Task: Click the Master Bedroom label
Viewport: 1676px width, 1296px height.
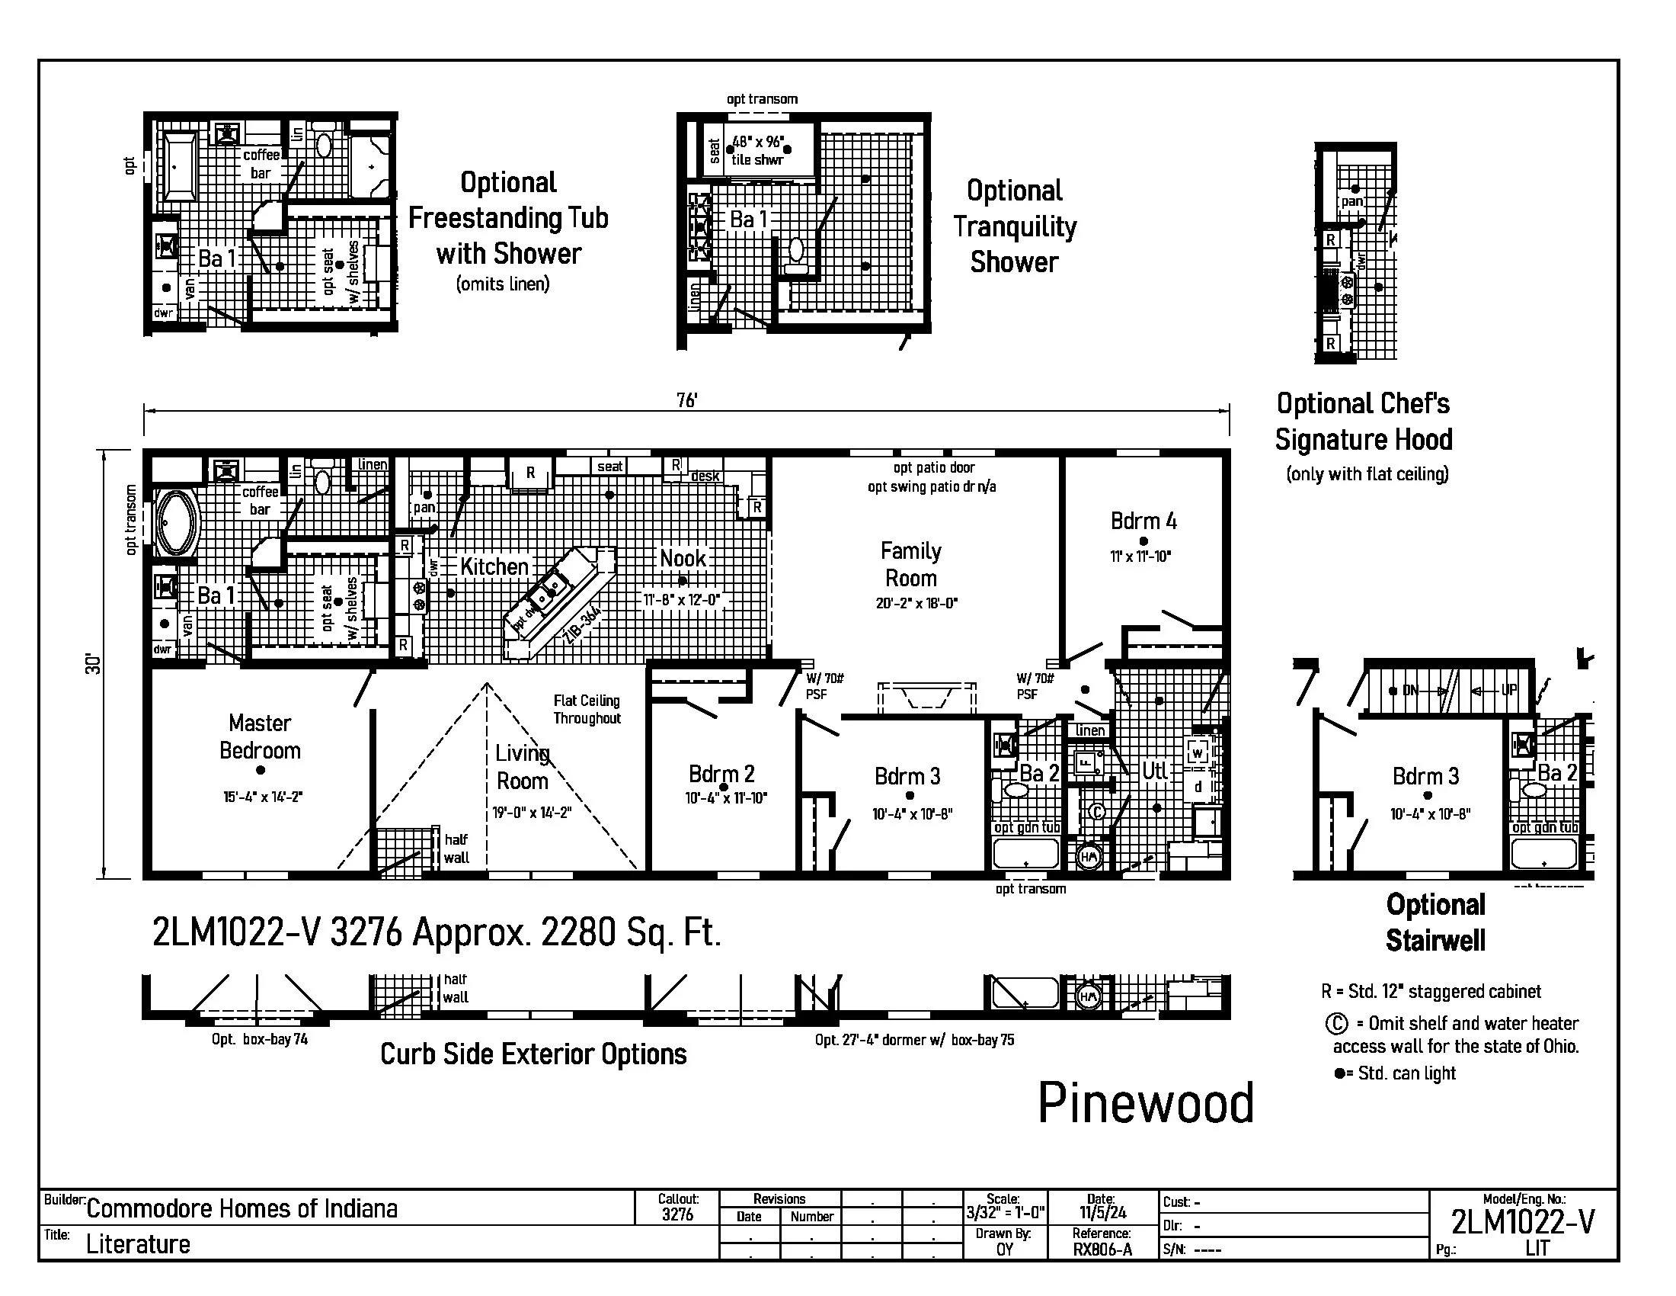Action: pyautogui.click(x=259, y=736)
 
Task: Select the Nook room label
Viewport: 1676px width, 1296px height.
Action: pyautogui.click(x=683, y=558)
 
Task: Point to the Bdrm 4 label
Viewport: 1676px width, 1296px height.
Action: pyautogui.click(x=1143, y=521)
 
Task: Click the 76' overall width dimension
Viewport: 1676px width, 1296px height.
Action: pyautogui.click(x=686, y=400)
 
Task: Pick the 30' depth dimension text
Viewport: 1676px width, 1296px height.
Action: pyautogui.click(x=93, y=664)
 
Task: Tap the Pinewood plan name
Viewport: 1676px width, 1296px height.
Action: pyautogui.click(x=1146, y=1103)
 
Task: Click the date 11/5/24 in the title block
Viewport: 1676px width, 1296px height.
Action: pyautogui.click(x=1102, y=1213)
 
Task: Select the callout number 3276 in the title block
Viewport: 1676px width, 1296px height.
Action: pyautogui.click(x=676, y=1214)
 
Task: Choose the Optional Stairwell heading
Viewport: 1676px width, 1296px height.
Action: pyautogui.click(x=1435, y=922)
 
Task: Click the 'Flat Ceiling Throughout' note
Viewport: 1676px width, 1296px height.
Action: pyautogui.click(x=587, y=710)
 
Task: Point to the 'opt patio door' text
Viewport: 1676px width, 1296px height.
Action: pyautogui.click(x=933, y=467)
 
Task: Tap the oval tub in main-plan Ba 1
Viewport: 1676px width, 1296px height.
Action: pyautogui.click(x=177, y=524)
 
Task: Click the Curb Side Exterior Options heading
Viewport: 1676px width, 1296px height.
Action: pyautogui.click(x=533, y=1054)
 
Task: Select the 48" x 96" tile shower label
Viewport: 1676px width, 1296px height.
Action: pyautogui.click(x=757, y=150)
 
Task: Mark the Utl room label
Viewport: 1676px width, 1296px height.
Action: pyautogui.click(x=1154, y=770)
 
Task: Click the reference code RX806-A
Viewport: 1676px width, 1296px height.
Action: pyautogui.click(x=1102, y=1249)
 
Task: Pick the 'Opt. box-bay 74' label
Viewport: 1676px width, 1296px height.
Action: pyautogui.click(x=259, y=1040)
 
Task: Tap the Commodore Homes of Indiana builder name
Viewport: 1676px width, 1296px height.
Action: pyautogui.click(x=241, y=1209)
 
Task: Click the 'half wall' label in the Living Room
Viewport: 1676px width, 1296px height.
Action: pyautogui.click(x=456, y=848)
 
